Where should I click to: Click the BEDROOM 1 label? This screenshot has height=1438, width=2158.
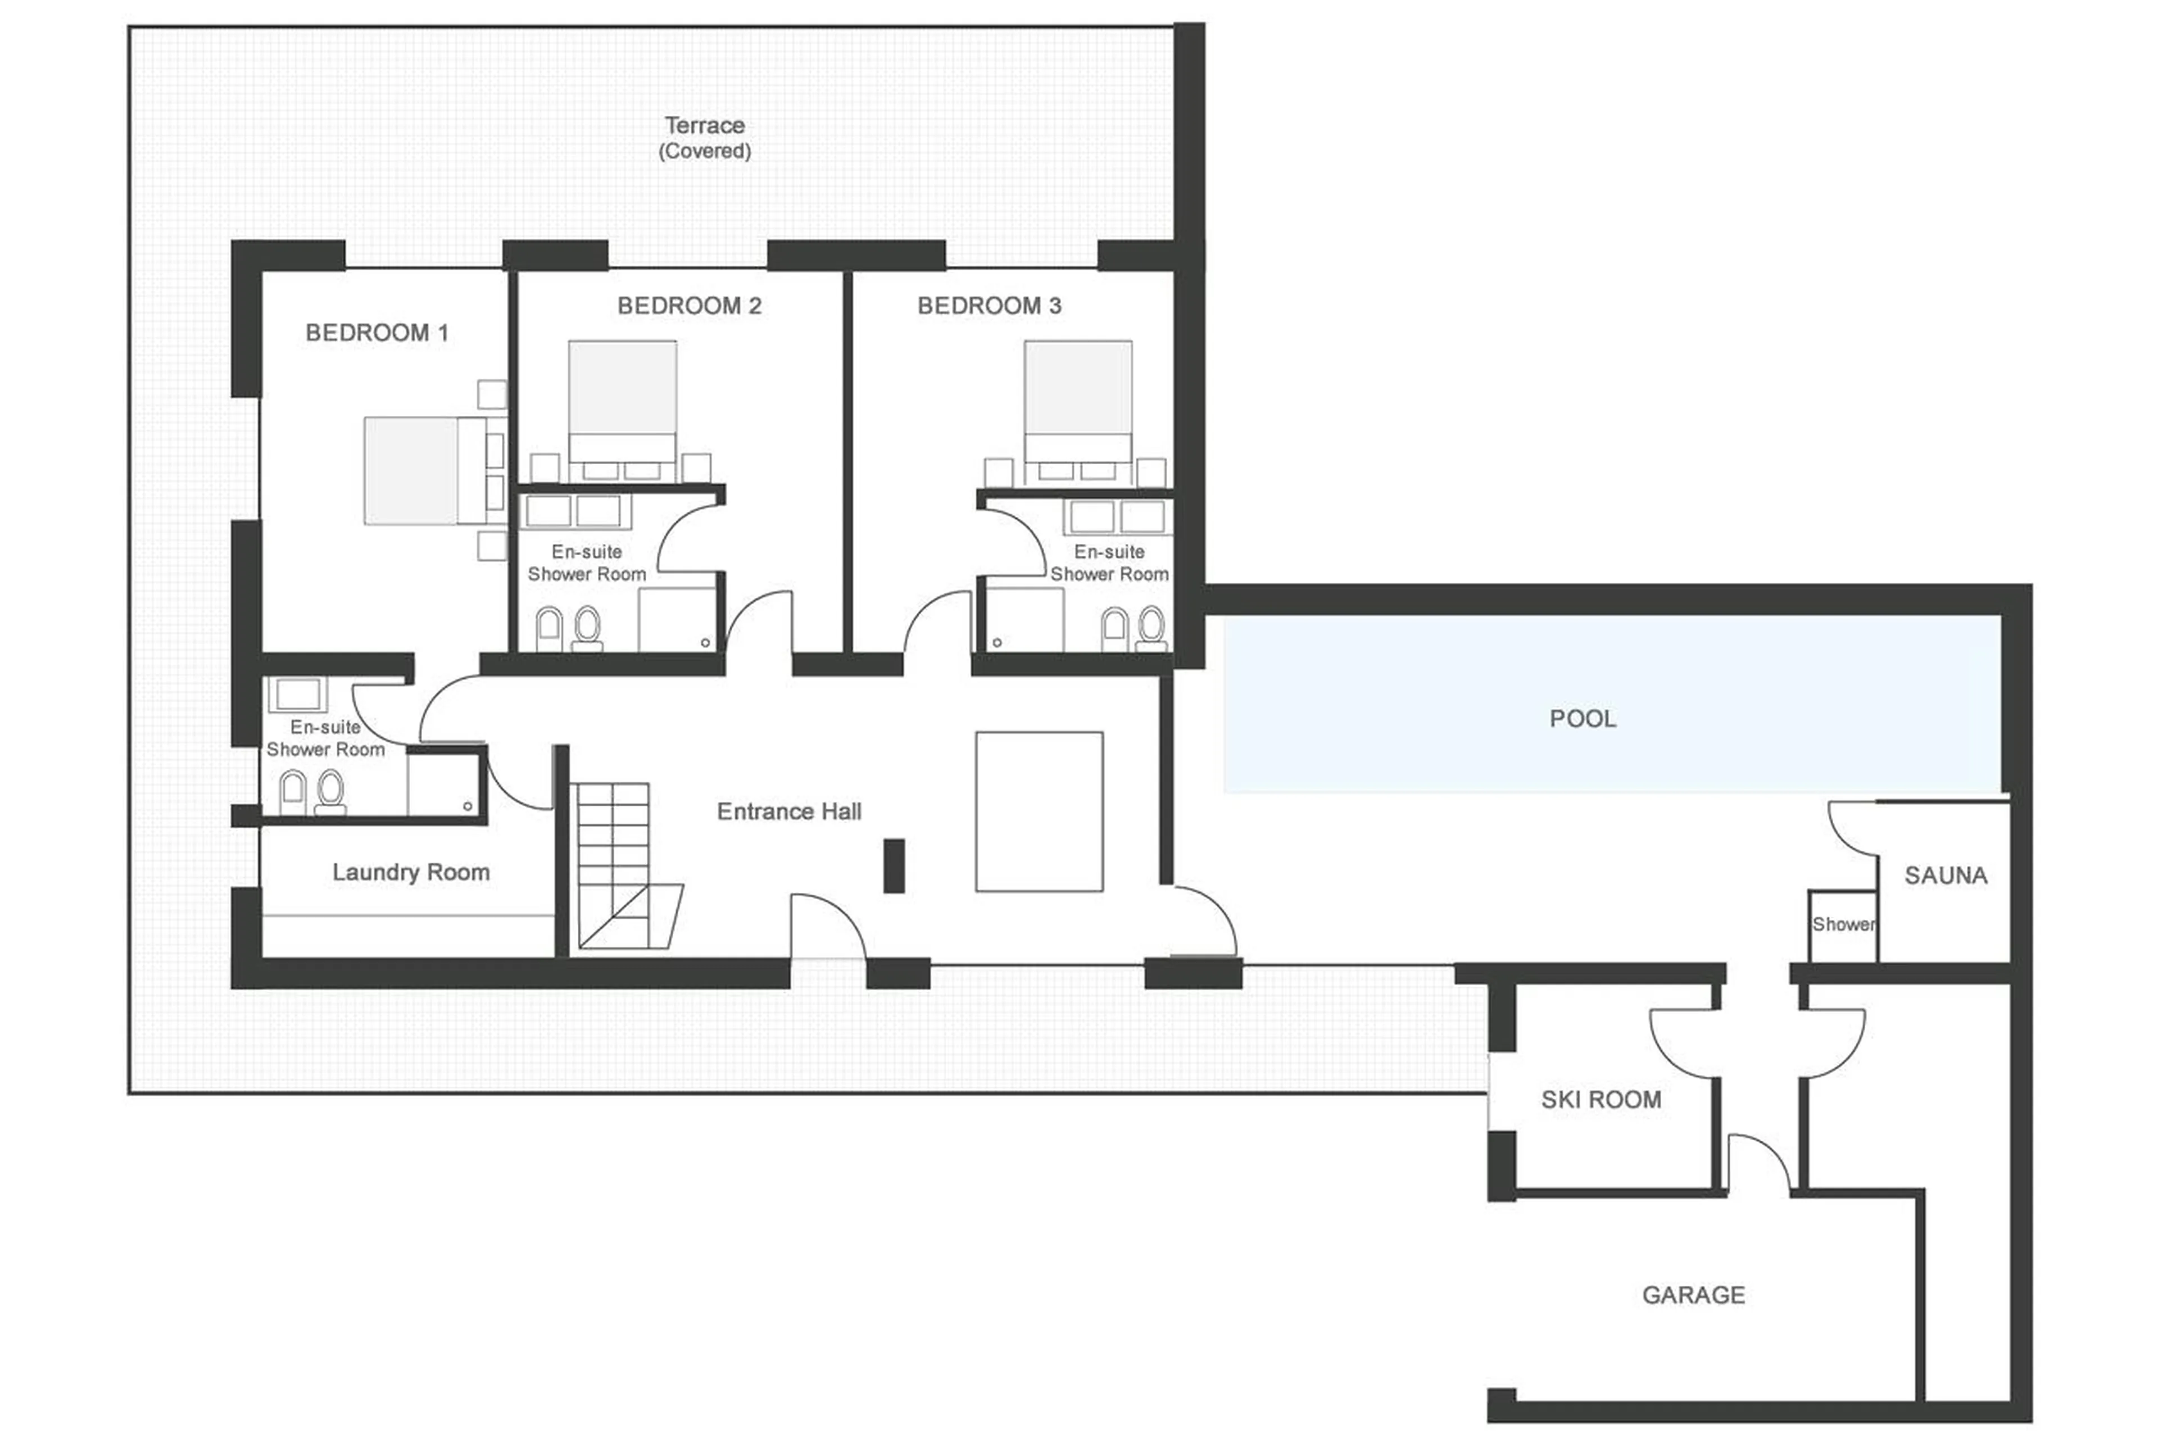(376, 332)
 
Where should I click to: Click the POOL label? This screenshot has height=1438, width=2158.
(1582, 718)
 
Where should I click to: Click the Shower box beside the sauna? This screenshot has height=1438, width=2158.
(1842, 924)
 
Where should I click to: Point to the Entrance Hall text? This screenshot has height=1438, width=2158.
(788, 811)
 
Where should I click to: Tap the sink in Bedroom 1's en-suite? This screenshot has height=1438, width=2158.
(295, 693)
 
